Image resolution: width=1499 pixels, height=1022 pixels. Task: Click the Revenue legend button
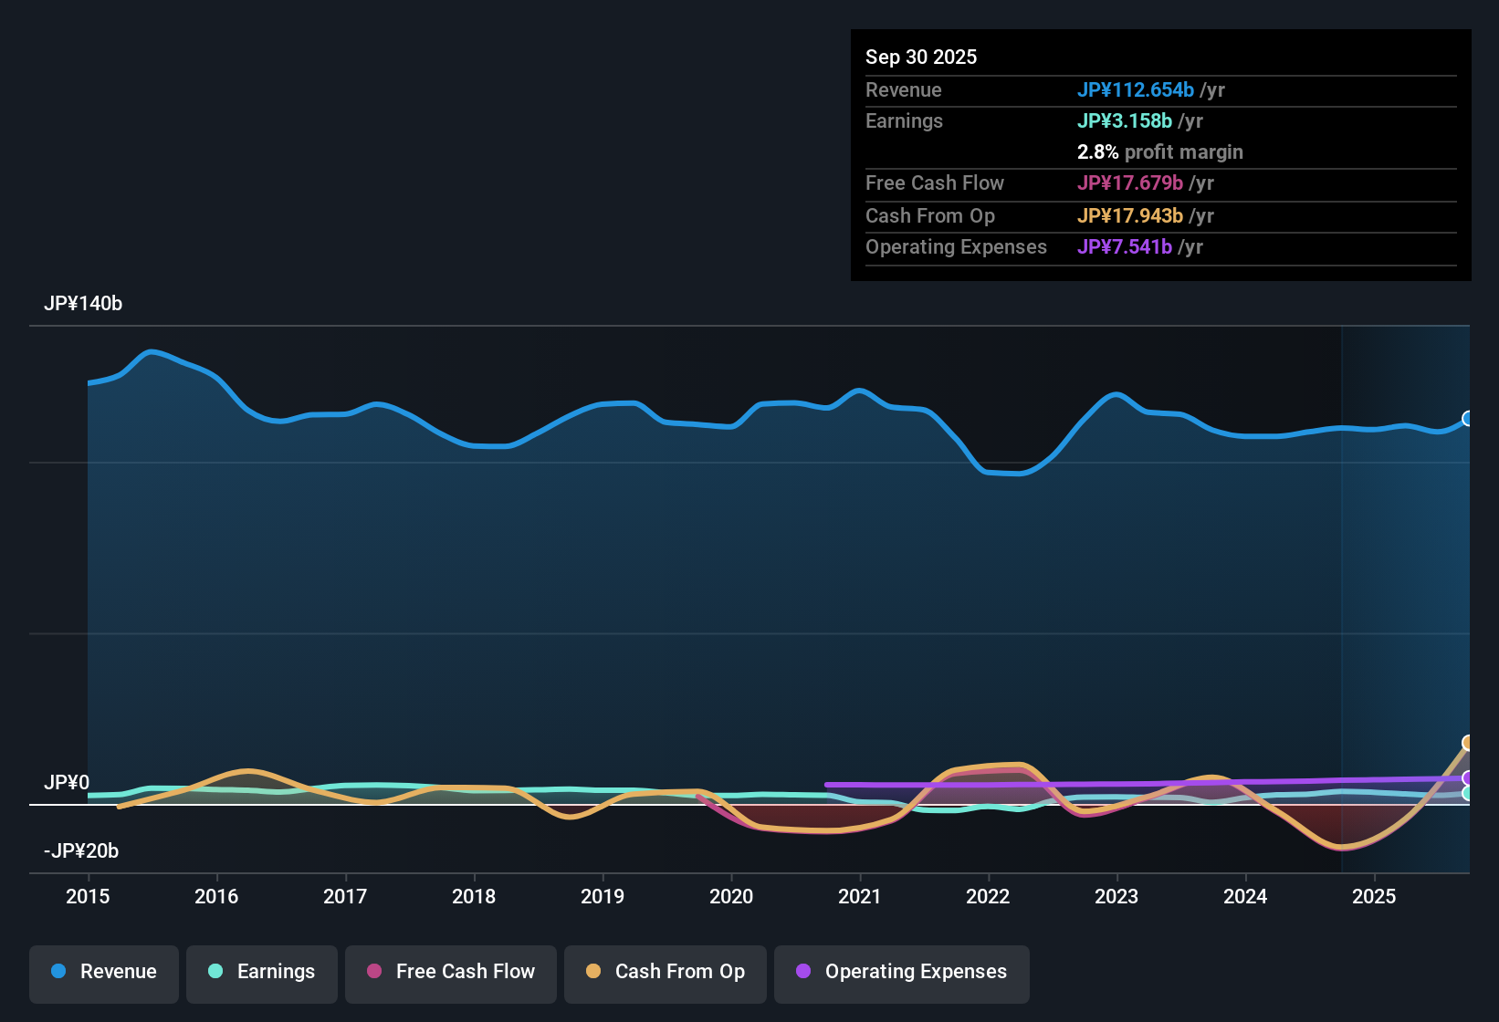(x=104, y=972)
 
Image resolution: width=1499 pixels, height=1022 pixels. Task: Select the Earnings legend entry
(x=262, y=972)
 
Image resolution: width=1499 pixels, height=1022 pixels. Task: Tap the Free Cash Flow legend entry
(x=451, y=972)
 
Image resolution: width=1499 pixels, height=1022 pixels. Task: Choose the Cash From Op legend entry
(x=666, y=972)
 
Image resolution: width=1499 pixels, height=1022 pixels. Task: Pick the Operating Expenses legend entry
(x=902, y=972)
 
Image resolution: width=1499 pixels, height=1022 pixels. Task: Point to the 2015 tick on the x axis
(x=88, y=896)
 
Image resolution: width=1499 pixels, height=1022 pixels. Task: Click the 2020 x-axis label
(x=731, y=896)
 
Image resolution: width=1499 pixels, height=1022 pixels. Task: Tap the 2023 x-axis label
(x=1116, y=896)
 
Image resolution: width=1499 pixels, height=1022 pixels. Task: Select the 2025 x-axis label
(x=1374, y=896)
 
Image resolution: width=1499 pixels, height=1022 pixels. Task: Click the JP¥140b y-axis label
(x=83, y=304)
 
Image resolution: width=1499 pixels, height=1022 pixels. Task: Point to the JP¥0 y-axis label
(x=67, y=783)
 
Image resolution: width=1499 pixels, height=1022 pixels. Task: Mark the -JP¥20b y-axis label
(x=81, y=851)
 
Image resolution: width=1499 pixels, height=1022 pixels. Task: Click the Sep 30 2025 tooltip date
(x=921, y=57)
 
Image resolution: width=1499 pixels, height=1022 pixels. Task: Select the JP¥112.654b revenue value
(x=1136, y=89)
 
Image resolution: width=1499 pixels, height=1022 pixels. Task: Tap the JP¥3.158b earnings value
(x=1125, y=120)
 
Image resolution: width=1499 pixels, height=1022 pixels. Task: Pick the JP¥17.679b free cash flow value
(x=1130, y=182)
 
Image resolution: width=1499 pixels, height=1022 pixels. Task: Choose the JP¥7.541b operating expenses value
(x=1125, y=246)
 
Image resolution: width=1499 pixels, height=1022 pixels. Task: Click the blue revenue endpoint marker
(x=1468, y=419)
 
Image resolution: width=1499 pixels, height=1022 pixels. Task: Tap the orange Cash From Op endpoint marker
(x=1468, y=743)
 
